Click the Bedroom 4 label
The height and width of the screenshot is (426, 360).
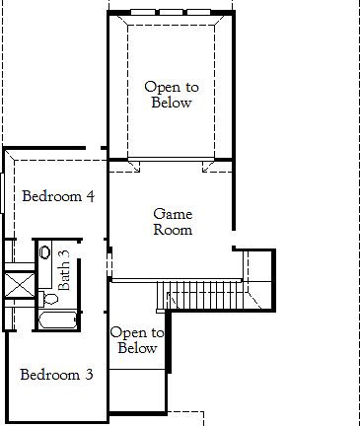[58, 196]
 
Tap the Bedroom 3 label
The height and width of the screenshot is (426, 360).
[57, 375]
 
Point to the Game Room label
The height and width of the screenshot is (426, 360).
[173, 222]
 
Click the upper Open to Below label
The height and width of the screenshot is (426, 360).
[169, 95]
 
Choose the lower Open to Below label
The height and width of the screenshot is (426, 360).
[137, 340]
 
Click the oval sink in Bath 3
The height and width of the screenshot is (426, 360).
[45, 252]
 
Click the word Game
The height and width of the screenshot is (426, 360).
[173, 214]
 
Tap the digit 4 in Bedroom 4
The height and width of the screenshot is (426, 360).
[90, 196]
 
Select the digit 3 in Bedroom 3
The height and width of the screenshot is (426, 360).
[89, 375]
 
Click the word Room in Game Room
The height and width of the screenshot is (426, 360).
[173, 230]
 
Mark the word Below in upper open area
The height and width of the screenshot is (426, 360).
[169, 103]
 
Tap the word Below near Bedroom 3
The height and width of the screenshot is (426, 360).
[137, 348]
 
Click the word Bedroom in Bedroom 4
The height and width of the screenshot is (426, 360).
[51, 196]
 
